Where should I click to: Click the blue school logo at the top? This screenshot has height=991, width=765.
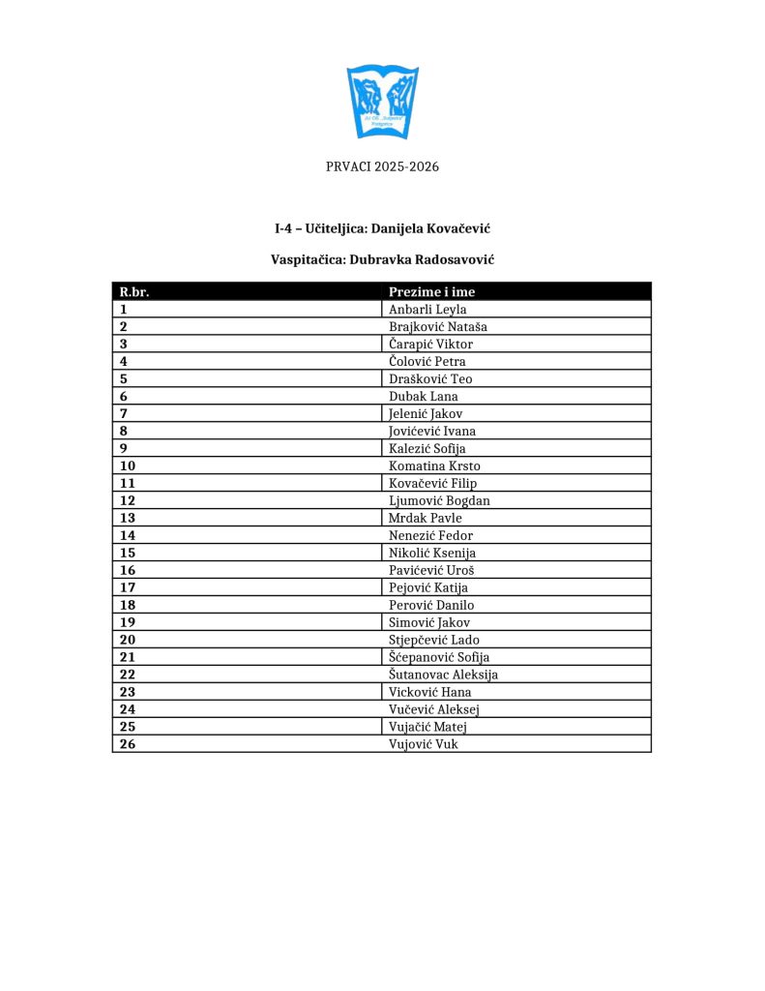(382, 102)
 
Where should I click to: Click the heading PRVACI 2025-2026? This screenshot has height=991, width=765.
(382, 166)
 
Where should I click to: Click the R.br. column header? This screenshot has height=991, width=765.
(133, 291)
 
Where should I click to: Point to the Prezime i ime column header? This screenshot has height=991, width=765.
(431, 291)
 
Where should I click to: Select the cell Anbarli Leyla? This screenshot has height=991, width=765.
(427, 310)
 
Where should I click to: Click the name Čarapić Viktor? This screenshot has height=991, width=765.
(430, 345)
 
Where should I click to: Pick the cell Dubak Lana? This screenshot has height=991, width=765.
(424, 397)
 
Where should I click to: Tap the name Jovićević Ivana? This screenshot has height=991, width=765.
(432, 432)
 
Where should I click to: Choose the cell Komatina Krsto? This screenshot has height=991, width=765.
(434, 466)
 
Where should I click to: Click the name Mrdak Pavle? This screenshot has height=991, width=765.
(426, 519)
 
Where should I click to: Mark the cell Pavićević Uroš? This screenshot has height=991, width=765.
(431, 571)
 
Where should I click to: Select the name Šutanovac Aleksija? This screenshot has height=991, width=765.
(443, 676)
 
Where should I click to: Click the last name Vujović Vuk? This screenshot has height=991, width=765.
(424, 745)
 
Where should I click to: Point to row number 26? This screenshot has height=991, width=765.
(128, 745)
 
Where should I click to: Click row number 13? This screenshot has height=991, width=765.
(128, 519)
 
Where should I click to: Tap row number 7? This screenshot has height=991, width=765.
(124, 414)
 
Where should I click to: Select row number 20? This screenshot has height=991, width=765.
(128, 641)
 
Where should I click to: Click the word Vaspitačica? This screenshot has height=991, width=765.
(307, 260)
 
